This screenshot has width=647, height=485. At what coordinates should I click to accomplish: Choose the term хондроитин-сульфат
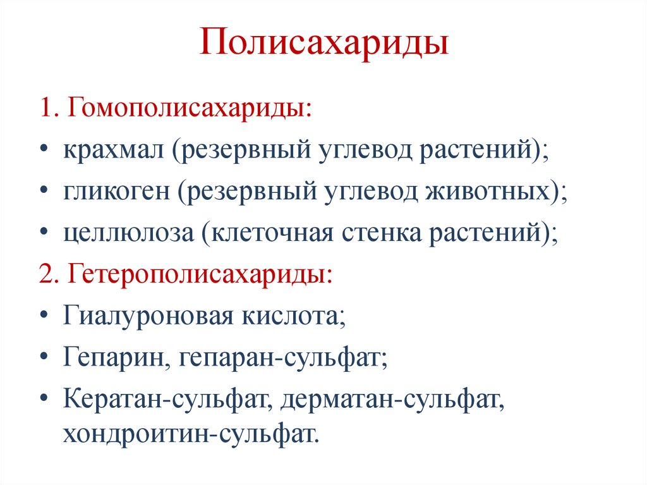pyautogui.click(x=188, y=434)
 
